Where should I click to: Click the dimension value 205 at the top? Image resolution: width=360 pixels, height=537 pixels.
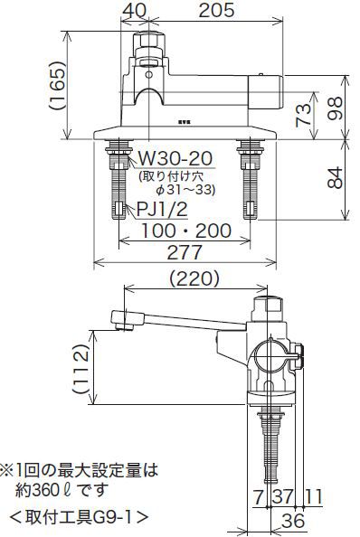216,10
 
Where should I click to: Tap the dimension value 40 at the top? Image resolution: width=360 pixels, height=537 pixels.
136,10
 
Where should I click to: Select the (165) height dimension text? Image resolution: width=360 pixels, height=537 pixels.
57,86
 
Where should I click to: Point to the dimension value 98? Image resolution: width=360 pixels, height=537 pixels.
335,108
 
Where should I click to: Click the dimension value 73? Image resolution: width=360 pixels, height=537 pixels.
304,116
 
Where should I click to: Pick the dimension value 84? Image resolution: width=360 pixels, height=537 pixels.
335,177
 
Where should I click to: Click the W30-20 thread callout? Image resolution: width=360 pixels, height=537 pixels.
175,158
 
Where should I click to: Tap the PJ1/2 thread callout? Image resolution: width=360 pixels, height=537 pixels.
162,209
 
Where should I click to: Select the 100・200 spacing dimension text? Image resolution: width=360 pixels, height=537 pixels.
186,231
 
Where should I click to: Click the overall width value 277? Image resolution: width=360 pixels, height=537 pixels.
185,252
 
